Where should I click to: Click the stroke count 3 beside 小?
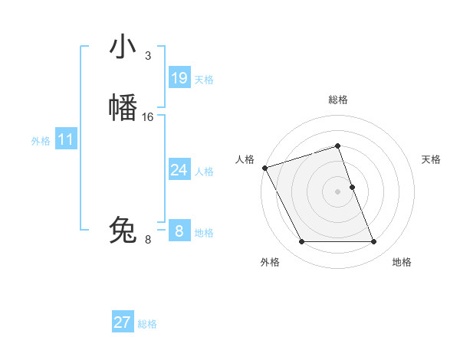tap(147, 56)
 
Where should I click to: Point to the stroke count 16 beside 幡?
tap(148, 117)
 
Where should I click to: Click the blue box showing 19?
tap(179, 78)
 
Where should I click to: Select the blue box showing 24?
tap(179, 170)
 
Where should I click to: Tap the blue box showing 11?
tap(66, 139)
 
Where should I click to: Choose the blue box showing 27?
tap(123, 322)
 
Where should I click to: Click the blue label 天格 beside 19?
tap(204, 80)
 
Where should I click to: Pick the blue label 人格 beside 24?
tap(204, 172)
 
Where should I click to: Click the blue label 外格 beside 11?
tap(41, 141)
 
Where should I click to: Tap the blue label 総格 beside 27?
tap(147, 324)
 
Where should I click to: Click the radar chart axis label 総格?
tap(338, 100)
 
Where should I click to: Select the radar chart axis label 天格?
tap(432, 159)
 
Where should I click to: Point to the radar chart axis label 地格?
tap(402, 262)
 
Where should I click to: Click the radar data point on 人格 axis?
tap(264, 168)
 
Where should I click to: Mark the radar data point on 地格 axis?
tap(374, 242)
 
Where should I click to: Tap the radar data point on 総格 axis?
tap(338, 146)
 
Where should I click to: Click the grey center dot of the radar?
tap(338, 191)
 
